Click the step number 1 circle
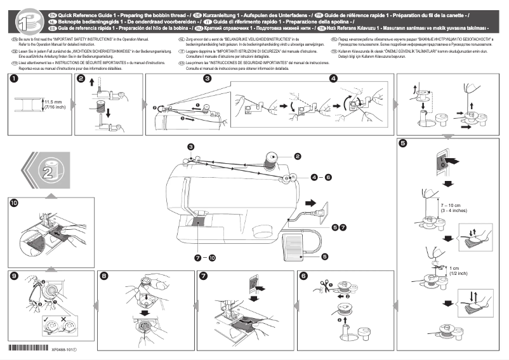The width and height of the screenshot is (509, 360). tap(14, 79)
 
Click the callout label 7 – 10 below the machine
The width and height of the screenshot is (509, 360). tap(205, 258)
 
